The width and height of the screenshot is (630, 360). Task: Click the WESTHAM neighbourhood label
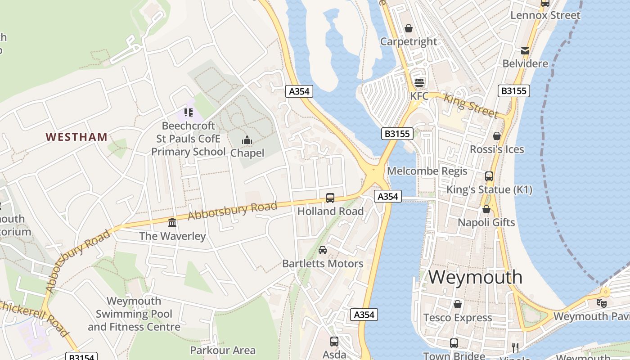point(76,137)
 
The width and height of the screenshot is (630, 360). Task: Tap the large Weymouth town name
point(475,277)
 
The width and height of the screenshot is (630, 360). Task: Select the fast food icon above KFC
point(419,83)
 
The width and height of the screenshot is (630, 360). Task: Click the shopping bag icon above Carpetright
point(409,29)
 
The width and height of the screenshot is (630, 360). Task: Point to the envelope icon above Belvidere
point(525,50)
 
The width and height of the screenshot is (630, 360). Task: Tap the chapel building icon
point(247,140)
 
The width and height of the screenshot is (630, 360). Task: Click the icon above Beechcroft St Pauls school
point(188,112)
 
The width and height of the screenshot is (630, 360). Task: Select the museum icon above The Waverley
point(172,222)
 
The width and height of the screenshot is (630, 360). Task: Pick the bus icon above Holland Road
point(330,198)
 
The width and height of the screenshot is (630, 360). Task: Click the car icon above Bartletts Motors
point(323,250)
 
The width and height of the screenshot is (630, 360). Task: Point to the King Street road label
point(471,106)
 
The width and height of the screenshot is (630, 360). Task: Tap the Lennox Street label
point(545,15)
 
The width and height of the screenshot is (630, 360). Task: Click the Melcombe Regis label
point(427,171)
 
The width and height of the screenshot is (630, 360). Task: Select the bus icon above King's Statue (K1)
point(489,176)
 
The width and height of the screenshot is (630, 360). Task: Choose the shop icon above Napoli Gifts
point(486,209)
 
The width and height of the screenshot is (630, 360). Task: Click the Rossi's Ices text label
point(497,149)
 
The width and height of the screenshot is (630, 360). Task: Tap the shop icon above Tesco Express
point(458,304)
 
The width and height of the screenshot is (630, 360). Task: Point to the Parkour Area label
point(223,350)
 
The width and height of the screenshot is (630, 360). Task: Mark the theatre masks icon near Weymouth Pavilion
point(601,303)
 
